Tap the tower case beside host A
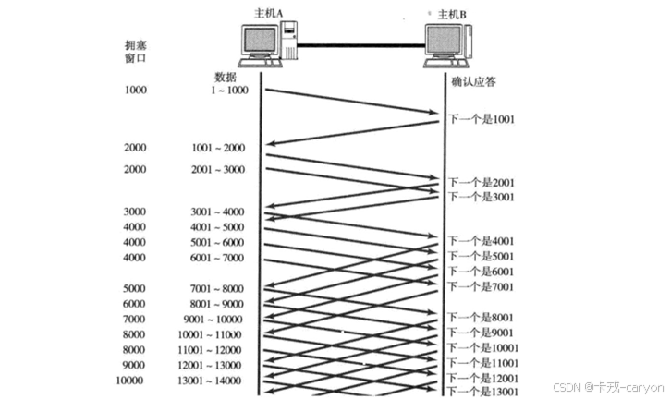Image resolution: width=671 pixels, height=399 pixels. pos(288,42)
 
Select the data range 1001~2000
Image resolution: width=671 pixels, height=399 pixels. pos(218,148)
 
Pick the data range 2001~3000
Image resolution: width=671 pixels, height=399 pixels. pos(218,169)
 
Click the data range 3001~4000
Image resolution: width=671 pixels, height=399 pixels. pos(218,212)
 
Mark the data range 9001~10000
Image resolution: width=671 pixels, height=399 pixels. pos(218,320)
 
